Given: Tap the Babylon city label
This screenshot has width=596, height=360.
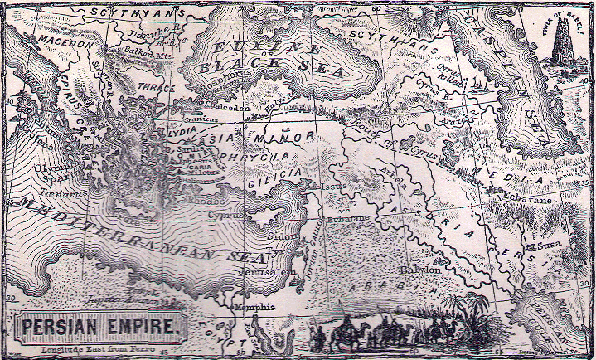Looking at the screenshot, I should [420, 270].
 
